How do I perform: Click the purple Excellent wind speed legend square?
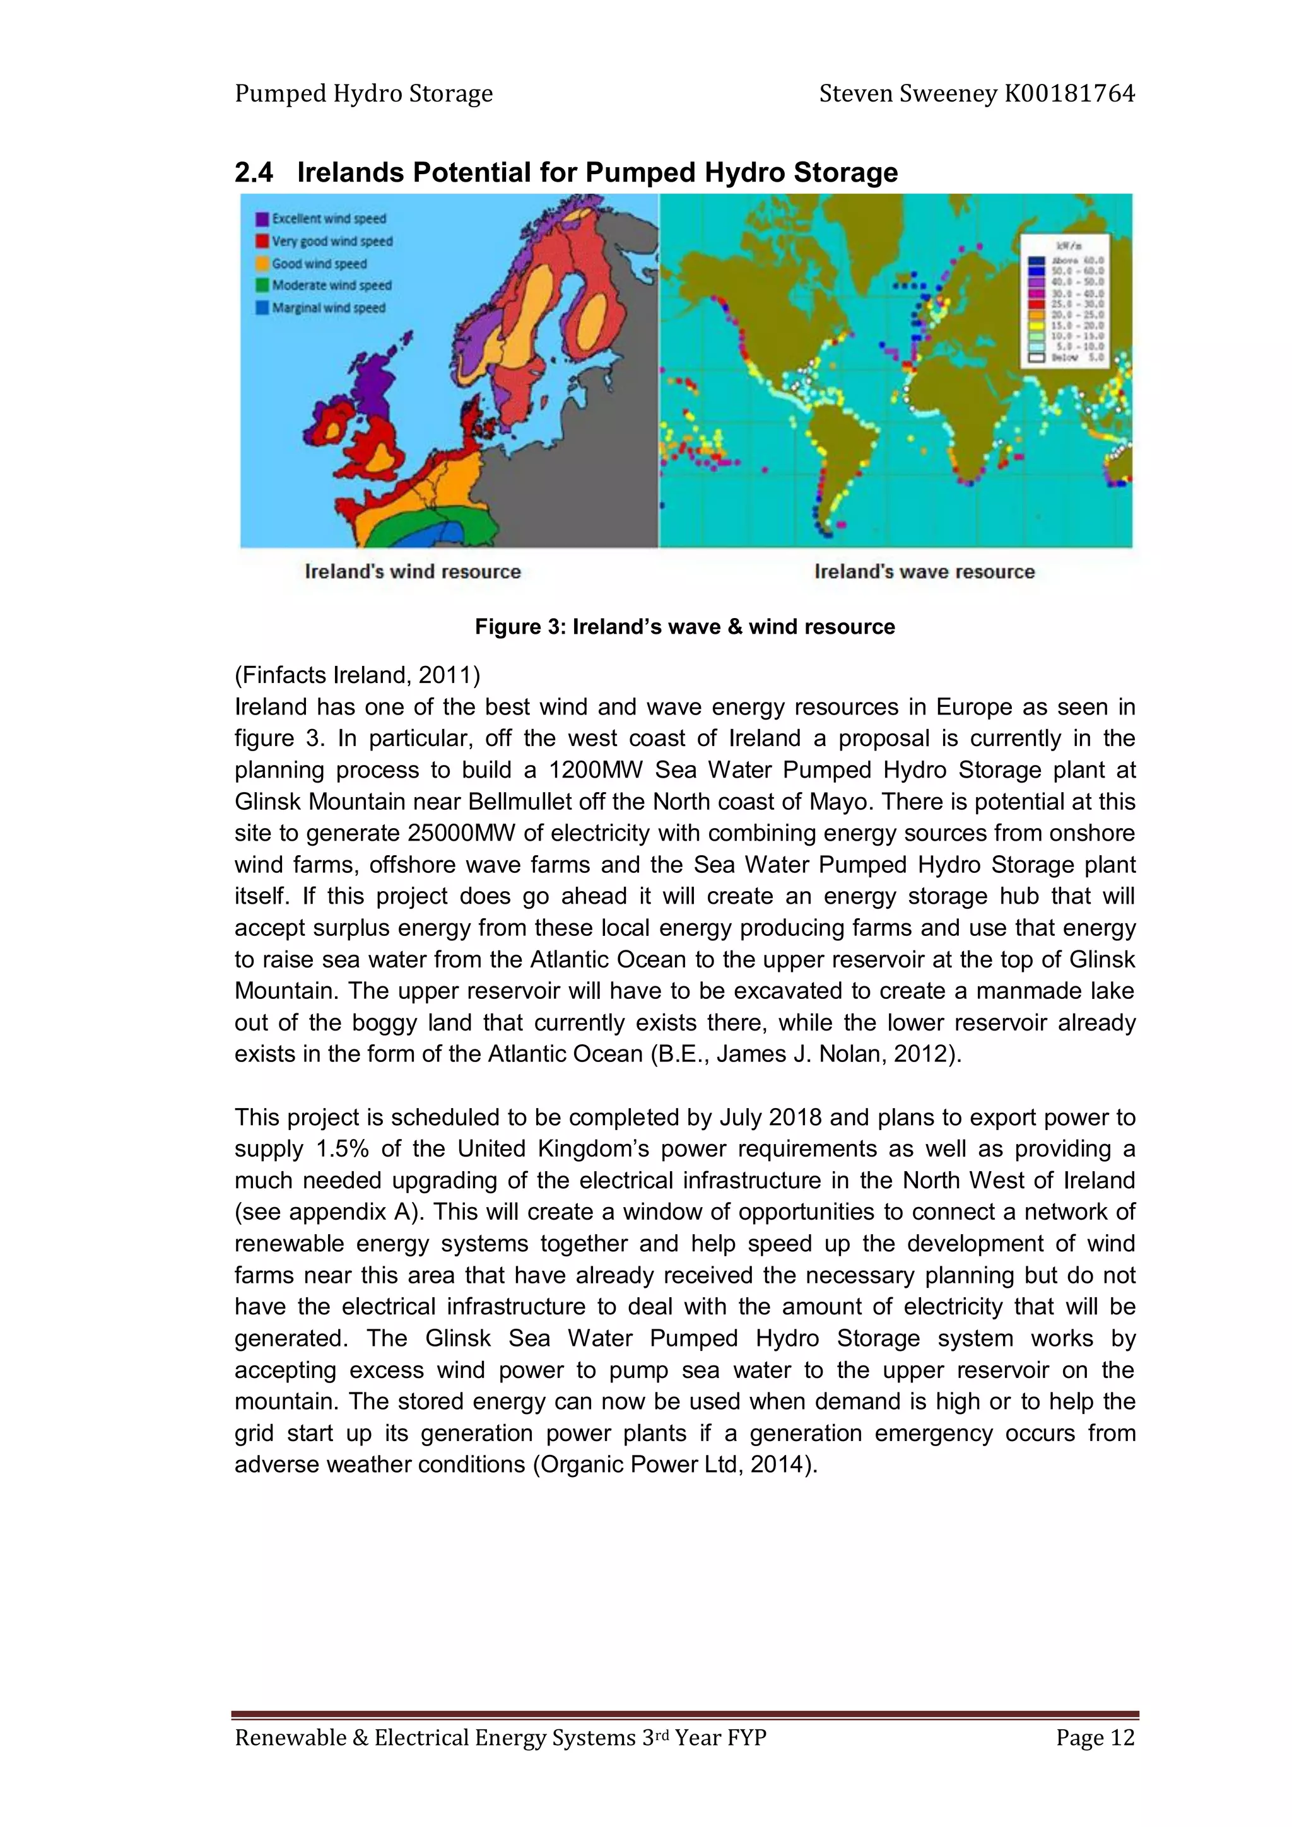(x=262, y=219)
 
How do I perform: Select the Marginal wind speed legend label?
(x=328, y=308)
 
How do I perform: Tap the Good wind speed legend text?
(x=319, y=264)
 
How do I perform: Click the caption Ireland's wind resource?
(x=413, y=571)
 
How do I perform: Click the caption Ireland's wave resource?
(x=924, y=571)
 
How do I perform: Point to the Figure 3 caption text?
(x=684, y=627)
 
